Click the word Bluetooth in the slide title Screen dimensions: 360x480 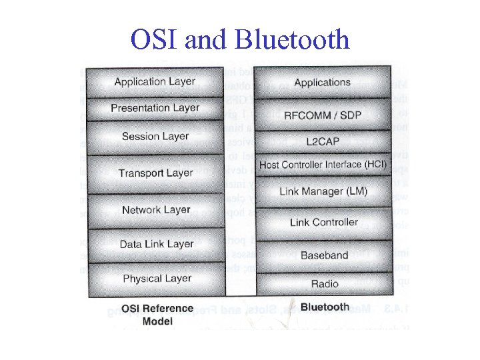tap(293, 40)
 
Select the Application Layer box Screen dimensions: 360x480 tap(155, 82)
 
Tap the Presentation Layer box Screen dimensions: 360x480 tap(155, 108)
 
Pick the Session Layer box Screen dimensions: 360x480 tap(155, 137)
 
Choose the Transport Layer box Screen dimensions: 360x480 tap(155, 173)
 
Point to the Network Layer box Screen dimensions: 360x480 tap(155, 210)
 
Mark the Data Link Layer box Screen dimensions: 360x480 tap(155, 245)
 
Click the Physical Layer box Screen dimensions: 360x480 tap(155, 279)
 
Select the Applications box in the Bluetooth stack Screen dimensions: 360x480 tap(323, 83)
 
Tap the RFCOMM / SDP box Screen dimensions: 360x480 tap(323, 115)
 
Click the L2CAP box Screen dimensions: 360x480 tap(323, 141)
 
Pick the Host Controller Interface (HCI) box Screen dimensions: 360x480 tap(323, 164)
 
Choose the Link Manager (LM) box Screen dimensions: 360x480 tap(323, 191)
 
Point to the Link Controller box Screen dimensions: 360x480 tap(323, 223)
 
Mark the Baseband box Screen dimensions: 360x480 tap(323, 255)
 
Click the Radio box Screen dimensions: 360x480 tap(323, 284)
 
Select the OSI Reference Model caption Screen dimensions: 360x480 tap(157, 315)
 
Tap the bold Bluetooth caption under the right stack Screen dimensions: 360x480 tap(325, 307)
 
